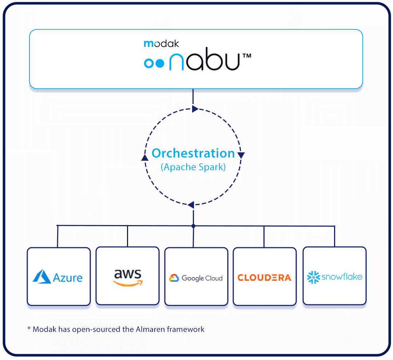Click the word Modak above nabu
161,44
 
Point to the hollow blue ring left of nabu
148,63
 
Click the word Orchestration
193,153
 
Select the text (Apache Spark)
193,167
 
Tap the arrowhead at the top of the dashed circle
195,109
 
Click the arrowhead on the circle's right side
241,155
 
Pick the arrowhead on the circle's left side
144,157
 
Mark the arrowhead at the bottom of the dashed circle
191,205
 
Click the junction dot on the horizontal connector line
193,226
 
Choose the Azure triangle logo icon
41,276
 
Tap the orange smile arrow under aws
128,283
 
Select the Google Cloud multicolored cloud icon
174,278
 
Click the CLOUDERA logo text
264,278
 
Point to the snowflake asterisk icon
313,277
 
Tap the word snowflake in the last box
342,277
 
